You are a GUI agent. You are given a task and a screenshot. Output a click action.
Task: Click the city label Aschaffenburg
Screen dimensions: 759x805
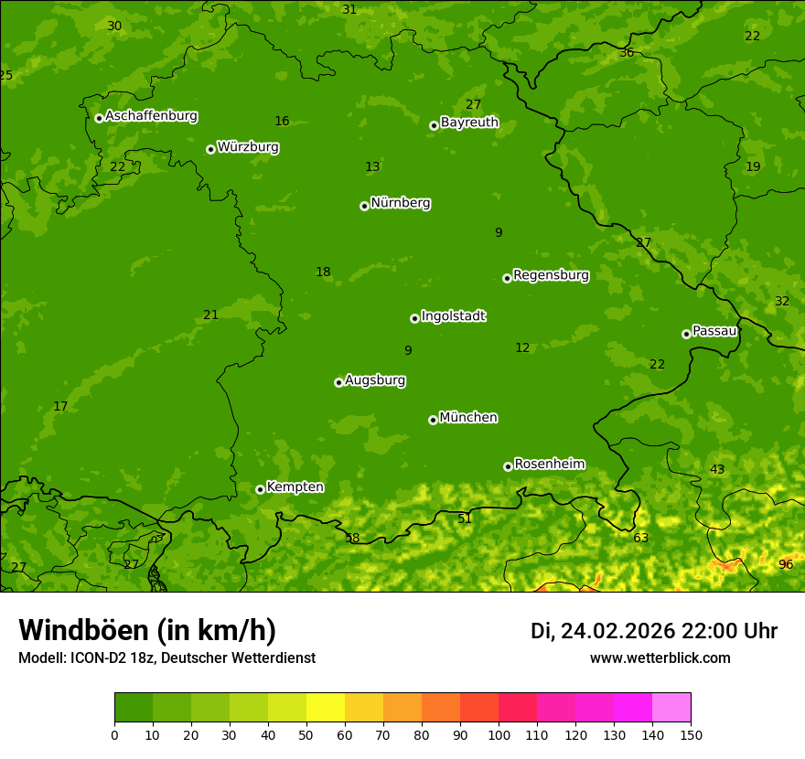(x=151, y=116)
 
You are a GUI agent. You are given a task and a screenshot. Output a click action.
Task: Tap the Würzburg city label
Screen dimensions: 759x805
(x=248, y=147)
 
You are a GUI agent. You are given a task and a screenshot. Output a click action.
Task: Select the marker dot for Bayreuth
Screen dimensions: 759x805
(x=434, y=125)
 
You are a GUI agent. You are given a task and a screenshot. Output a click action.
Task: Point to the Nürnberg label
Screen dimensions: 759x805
(x=401, y=203)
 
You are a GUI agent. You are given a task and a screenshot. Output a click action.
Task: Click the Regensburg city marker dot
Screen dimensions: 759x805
(x=507, y=278)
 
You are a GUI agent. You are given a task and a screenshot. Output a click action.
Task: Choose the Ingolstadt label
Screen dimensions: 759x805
(x=453, y=316)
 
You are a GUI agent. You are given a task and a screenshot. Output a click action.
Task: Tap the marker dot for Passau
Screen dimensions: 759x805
(x=686, y=334)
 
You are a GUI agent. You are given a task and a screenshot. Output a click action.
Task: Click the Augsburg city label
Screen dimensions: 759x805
(x=375, y=380)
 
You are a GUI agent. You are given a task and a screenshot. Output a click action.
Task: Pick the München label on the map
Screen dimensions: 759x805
(x=468, y=418)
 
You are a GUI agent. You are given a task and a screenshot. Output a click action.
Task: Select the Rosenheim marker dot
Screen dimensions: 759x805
(x=508, y=466)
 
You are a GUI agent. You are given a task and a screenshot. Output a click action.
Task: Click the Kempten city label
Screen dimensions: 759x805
(x=295, y=487)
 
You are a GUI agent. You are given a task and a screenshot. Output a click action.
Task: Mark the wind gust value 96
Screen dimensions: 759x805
(x=786, y=564)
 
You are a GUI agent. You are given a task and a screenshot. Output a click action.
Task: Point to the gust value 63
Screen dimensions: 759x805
(x=640, y=538)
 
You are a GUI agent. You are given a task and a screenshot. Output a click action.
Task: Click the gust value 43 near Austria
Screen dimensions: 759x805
(x=717, y=469)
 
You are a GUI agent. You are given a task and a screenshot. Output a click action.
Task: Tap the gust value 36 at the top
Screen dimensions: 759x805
(x=627, y=53)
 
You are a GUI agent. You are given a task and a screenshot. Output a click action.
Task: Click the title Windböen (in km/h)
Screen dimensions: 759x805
(x=147, y=630)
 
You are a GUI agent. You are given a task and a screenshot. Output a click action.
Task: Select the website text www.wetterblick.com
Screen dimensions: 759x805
(x=660, y=658)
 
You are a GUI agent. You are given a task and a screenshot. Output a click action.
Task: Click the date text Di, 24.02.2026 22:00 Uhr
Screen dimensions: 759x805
(x=654, y=631)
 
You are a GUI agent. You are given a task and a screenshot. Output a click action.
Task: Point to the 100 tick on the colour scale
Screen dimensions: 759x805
(x=499, y=734)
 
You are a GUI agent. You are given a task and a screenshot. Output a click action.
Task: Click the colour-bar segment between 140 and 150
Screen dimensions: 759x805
(x=671, y=708)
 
